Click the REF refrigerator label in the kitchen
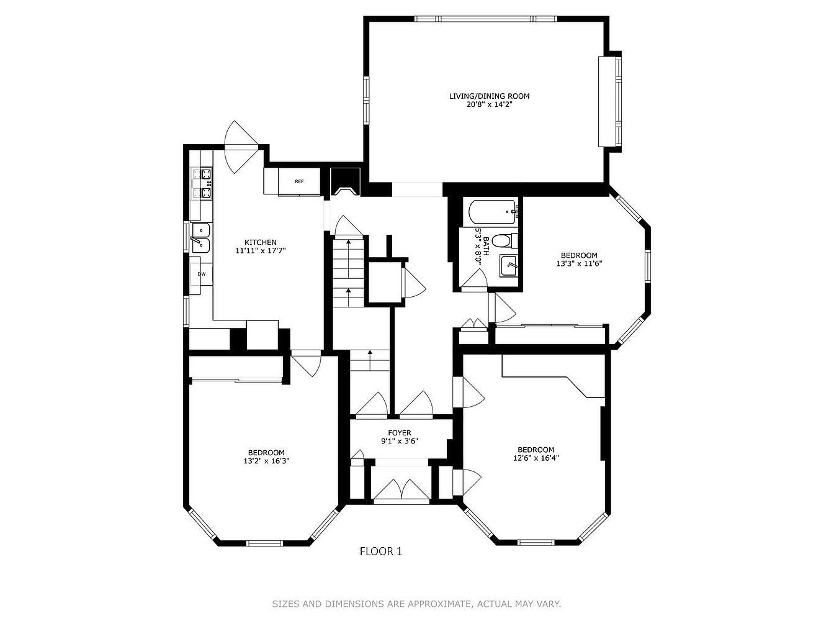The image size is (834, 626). click(299, 182)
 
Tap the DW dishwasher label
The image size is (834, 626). click(202, 274)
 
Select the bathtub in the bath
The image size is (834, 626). click(493, 212)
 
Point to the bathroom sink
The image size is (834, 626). click(508, 266)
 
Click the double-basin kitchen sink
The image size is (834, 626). click(200, 238)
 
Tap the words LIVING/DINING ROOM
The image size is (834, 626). click(490, 96)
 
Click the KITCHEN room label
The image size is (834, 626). click(260, 242)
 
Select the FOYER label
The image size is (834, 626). click(400, 433)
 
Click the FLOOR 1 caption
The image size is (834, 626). click(381, 551)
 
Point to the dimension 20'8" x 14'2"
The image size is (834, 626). click(490, 104)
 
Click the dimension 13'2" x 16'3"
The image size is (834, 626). click(266, 461)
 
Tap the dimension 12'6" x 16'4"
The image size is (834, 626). click(536, 458)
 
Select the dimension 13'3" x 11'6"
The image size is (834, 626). click(579, 264)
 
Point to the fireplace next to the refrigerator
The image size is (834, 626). click(345, 182)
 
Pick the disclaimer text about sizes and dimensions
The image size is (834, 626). click(416, 604)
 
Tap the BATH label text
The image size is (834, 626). click(486, 247)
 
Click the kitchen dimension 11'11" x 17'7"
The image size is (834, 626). click(260, 250)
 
